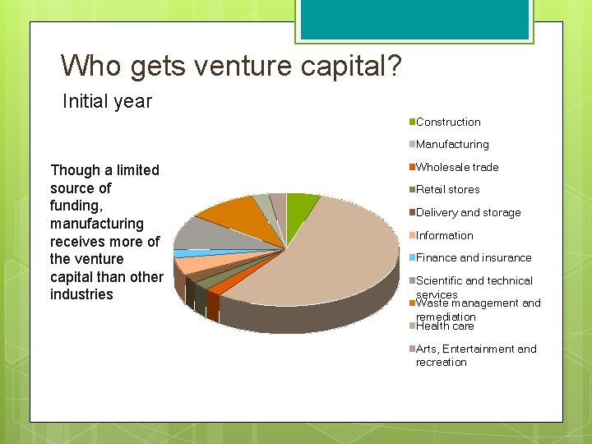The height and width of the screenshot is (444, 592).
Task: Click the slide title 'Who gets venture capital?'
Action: coord(231,65)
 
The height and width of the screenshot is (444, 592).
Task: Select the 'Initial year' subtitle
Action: coord(108,101)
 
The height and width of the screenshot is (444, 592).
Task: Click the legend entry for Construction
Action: coord(448,122)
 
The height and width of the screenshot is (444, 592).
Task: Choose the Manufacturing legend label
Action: coord(452,144)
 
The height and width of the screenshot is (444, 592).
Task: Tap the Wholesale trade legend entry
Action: coord(457,167)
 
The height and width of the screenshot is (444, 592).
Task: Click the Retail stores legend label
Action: coord(448,189)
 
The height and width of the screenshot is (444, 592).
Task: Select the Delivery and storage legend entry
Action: coord(468,212)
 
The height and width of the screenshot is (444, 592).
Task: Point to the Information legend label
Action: coord(444,235)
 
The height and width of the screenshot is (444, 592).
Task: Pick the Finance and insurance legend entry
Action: coord(474,257)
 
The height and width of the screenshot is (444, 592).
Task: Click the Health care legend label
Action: coord(445,326)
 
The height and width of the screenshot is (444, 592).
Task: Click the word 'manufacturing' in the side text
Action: coord(97,224)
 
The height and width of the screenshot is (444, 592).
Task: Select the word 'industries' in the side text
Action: coord(81,294)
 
